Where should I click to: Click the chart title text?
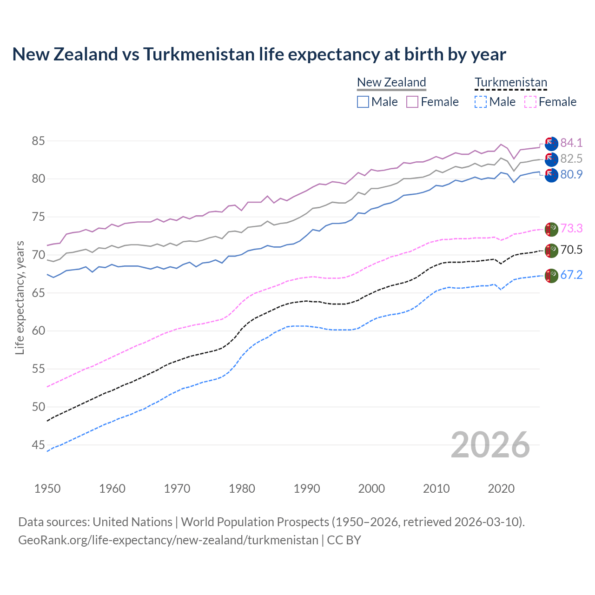(259, 54)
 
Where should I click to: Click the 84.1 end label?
(571, 143)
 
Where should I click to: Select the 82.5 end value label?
(571, 159)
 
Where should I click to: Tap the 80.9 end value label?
(571, 174)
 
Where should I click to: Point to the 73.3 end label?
(571, 228)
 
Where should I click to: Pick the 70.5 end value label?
(571, 250)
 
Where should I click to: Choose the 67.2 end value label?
(571, 275)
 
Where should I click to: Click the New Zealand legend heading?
(391, 83)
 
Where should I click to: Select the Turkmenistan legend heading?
(511, 83)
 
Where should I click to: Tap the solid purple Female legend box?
(412, 102)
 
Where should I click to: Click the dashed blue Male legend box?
(481, 102)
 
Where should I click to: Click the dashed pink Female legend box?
(530, 102)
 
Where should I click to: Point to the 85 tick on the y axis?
(39, 141)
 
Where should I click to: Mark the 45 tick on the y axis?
(39, 445)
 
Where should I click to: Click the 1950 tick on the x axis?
(47, 489)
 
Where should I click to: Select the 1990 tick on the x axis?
(307, 489)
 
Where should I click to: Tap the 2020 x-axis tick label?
(501, 489)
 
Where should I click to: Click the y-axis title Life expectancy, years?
(20, 297)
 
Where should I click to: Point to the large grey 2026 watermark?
(490, 445)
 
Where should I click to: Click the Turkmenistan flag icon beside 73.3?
(551, 229)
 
